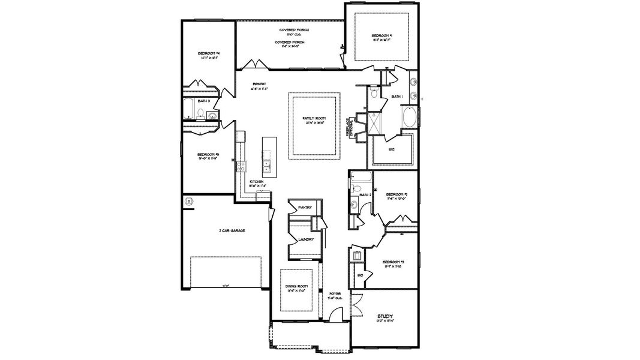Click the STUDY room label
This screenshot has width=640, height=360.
[x=384, y=316]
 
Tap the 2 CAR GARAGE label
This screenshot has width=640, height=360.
[x=232, y=230]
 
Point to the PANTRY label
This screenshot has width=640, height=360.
[x=305, y=208]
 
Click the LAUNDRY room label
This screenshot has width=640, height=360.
[x=306, y=239]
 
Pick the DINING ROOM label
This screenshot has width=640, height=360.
[x=298, y=287]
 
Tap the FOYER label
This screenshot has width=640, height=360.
[x=335, y=294]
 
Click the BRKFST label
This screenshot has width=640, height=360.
[x=259, y=83]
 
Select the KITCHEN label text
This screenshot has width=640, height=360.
[x=257, y=182]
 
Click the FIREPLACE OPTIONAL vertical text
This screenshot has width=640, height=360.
[x=350, y=127]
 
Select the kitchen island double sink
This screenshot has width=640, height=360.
[x=266, y=165]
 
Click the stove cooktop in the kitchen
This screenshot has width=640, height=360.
[x=241, y=167]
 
